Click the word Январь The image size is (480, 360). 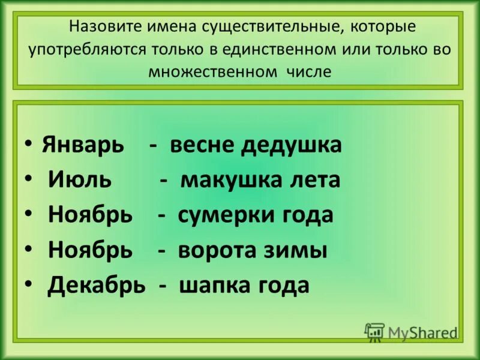[x=83, y=145]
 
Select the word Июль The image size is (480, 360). [x=74, y=180]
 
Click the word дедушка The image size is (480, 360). [x=292, y=145]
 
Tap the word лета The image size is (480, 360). [x=315, y=180]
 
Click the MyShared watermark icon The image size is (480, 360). [x=374, y=332]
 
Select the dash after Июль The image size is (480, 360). [x=163, y=180]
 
